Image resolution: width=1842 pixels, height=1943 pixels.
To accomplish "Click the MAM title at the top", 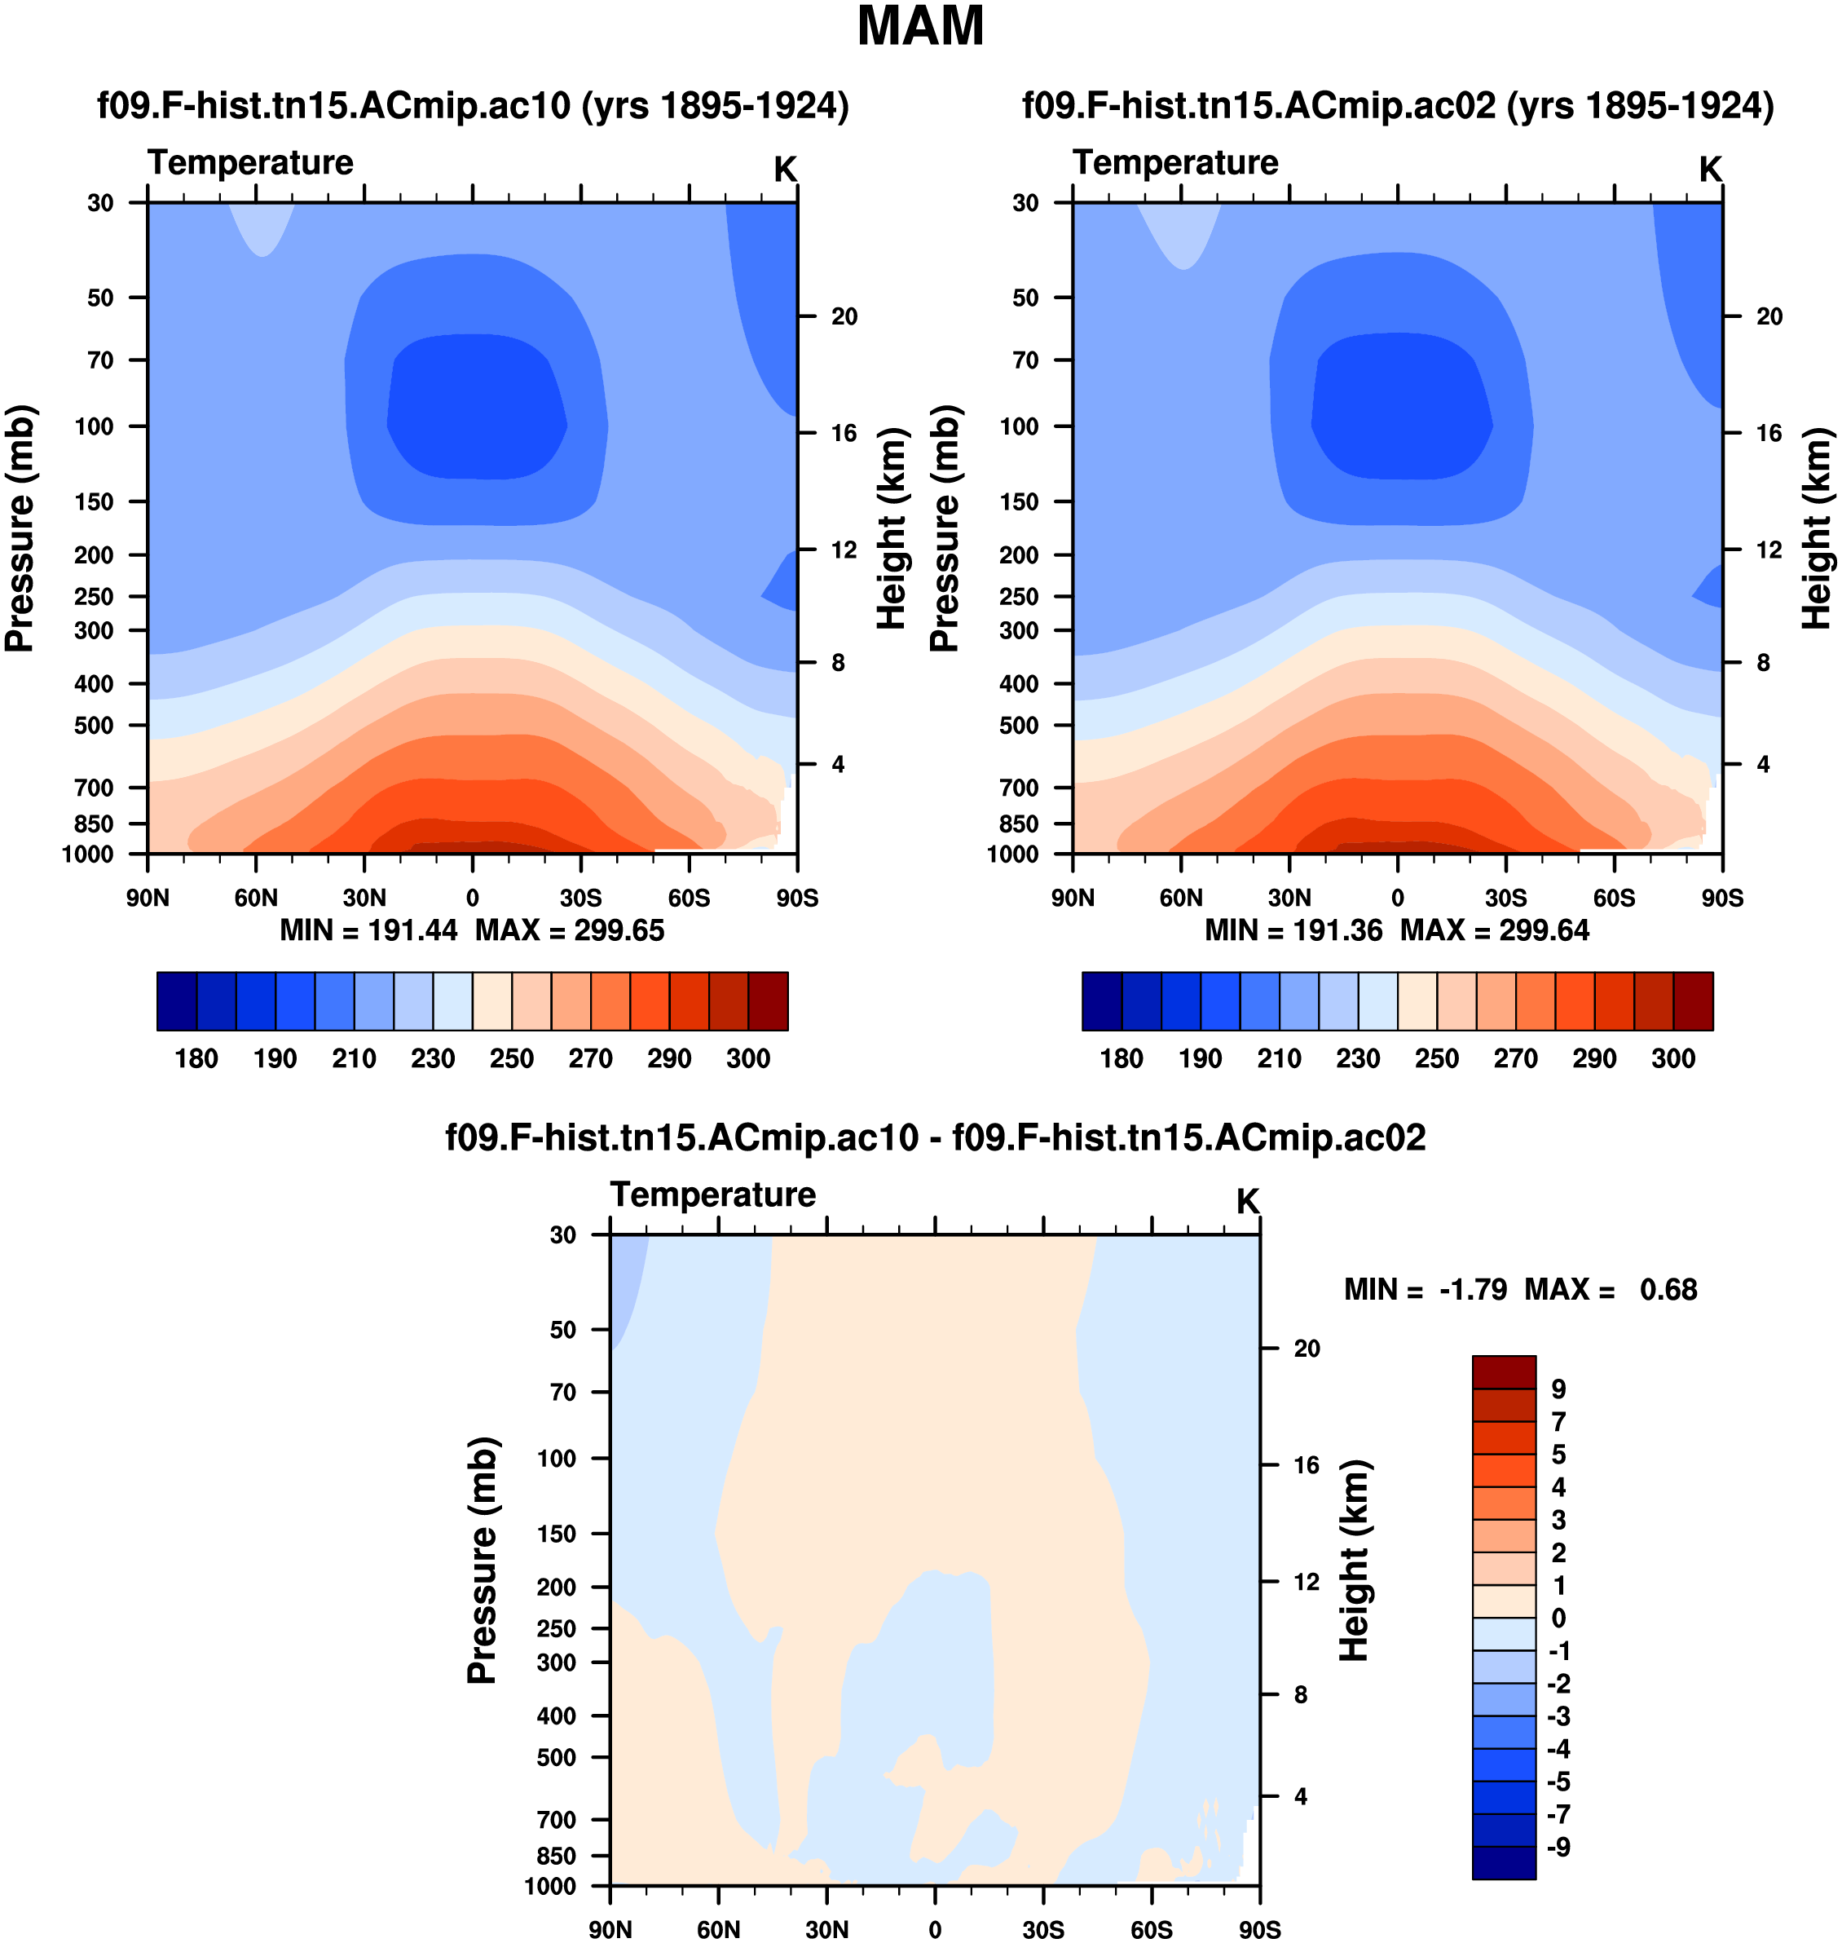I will click(920, 27).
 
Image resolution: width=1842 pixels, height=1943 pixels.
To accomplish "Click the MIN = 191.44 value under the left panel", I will click(368, 930).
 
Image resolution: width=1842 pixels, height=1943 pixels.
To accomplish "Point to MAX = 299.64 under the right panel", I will click(1495, 930).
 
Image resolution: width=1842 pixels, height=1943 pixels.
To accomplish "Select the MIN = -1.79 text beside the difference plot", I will click(1425, 1289).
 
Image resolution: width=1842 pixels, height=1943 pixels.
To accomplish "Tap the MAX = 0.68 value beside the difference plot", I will click(1611, 1289).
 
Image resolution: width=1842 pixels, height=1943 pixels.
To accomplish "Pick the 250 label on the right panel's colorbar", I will click(1436, 1058).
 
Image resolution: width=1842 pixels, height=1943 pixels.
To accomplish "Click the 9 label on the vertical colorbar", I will click(1558, 1389).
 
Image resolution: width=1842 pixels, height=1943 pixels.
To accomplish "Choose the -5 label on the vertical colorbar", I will click(1558, 1781).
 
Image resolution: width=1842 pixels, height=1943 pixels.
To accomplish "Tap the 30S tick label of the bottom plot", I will click(1042, 1929).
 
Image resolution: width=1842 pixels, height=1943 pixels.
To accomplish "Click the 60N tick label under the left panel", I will click(255, 898).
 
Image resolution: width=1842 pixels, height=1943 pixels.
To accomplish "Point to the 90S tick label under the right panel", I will click(1722, 898).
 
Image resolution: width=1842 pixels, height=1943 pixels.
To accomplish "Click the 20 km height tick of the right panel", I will click(1769, 316).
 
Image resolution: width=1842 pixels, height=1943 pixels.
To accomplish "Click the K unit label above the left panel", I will click(785, 170).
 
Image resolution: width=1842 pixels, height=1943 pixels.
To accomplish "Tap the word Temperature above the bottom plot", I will click(713, 1195).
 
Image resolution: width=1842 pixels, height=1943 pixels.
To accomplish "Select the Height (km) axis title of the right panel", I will click(1818, 528).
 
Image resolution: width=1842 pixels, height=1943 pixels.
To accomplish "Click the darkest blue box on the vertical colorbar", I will click(1503, 1862).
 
